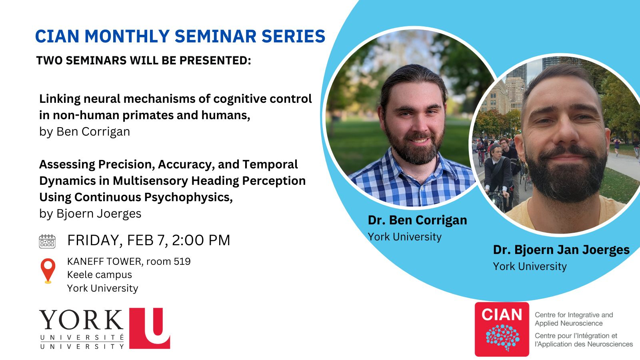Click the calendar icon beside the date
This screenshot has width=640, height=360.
tap(47, 241)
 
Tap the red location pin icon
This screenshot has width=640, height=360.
tap(48, 270)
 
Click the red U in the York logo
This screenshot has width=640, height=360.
tap(150, 328)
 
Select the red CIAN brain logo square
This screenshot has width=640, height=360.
tap(502, 329)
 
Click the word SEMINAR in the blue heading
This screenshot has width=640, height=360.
tap(216, 36)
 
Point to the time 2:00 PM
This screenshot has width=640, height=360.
tap(201, 240)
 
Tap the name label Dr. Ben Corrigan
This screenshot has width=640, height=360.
tap(418, 220)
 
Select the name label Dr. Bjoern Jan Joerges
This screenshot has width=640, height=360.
tap(561, 250)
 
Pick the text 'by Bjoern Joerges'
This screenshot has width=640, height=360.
tap(90, 214)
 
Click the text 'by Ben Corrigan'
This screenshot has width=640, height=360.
tap(84, 132)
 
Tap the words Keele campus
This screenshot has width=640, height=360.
tap(100, 275)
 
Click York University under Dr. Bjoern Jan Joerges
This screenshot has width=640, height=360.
tap(530, 266)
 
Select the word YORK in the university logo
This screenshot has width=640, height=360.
tap(82, 320)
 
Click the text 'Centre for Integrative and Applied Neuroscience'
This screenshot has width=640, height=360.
tap(574, 319)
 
